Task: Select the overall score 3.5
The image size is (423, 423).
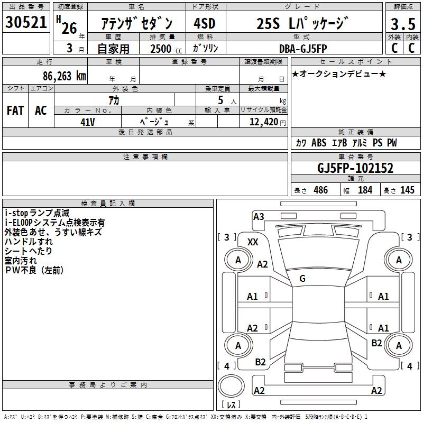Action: pos(402,24)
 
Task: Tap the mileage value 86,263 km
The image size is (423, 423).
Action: pos(62,76)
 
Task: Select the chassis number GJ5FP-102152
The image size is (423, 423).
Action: pos(355,168)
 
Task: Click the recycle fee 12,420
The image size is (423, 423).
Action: pos(263,122)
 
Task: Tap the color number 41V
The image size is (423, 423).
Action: pos(87,122)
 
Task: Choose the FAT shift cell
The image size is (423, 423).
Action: pos(15,111)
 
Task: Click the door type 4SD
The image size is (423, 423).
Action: pos(204,24)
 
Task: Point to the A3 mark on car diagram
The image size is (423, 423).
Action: pos(259,216)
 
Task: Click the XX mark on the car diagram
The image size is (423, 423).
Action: pos(253,242)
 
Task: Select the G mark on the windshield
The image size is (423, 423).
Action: pos(302,279)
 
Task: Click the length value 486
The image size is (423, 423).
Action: pos(320,190)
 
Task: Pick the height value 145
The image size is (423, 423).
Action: pos(407,190)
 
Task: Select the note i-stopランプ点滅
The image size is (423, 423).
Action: pos(37,213)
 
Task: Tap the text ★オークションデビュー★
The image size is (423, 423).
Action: pos(338,73)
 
